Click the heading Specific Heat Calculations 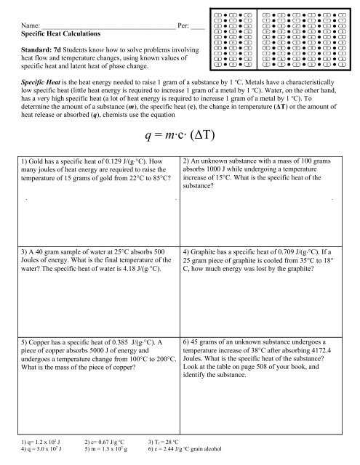coord(58,34)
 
